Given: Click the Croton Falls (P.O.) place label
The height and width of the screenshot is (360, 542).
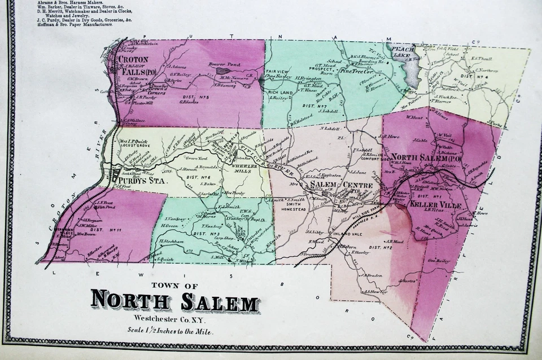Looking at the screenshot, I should (x=134, y=65).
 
